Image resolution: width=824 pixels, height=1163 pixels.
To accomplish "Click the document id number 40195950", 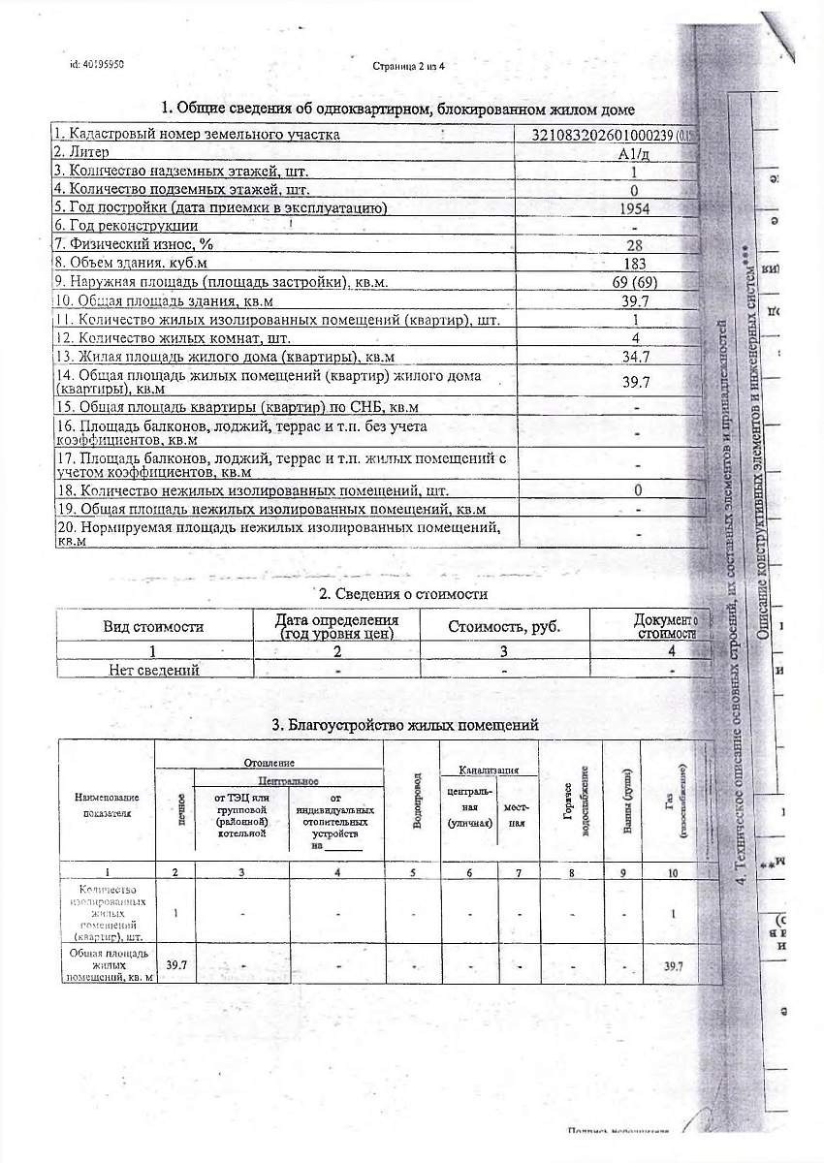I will tap(96, 64).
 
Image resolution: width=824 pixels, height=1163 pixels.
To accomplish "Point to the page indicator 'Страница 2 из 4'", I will tap(407, 66).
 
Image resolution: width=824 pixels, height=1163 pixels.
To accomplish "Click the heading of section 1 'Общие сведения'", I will tap(397, 109).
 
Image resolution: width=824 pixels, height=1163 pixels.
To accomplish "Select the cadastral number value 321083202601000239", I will tap(609, 135).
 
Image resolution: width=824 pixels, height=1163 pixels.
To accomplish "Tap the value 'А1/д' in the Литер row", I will tap(635, 153).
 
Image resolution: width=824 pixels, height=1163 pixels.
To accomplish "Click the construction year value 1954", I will tap(635, 208).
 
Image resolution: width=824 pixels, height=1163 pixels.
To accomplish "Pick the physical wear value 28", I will tap(635, 245).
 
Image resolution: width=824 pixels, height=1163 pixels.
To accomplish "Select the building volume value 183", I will tap(635, 264).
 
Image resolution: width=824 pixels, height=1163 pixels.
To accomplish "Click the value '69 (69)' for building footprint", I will tap(635, 282).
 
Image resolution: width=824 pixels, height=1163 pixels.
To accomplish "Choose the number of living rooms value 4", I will tap(635, 338).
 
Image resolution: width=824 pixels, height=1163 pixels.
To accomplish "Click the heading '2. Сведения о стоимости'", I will tap(403, 593).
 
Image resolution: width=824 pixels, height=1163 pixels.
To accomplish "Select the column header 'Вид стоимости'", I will tap(153, 626).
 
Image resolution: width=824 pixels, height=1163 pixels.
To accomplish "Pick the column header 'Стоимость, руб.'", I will tap(504, 626).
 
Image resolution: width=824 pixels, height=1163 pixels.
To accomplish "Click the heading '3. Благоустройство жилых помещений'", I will tap(404, 725).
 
